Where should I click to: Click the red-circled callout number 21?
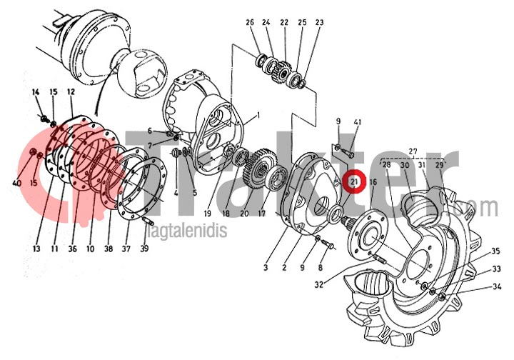[x=354, y=183]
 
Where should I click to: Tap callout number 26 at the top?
[x=250, y=23]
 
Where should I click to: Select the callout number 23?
[x=319, y=23]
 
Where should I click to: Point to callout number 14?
[x=36, y=92]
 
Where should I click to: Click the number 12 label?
[x=71, y=92]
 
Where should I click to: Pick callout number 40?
[x=16, y=184]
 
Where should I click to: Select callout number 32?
[x=319, y=284]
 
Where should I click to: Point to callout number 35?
[x=496, y=252]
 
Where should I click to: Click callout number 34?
[x=496, y=287]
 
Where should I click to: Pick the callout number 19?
[x=207, y=214]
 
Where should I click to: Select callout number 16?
[x=373, y=183]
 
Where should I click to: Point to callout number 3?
[x=265, y=268]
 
